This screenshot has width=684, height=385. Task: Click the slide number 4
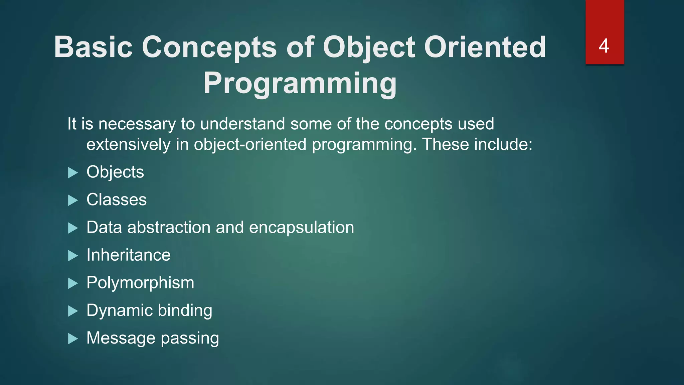pyautogui.click(x=604, y=46)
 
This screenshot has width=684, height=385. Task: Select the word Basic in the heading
pyautogui.click(x=93, y=47)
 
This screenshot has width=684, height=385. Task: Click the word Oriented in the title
pyautogui.click(x=485, y=47)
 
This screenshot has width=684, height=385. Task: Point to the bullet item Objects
pyautogui.click(x=115, y=172)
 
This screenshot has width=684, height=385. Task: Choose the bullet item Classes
pyautogui.click(x=117, y=200)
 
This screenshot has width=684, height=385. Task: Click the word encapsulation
pyautogui.click(x=301, y=228)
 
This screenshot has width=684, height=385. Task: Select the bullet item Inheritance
pyautogui.click(x=129, y=255)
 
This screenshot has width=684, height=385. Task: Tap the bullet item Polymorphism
pyautogui.click(x=140, y=283)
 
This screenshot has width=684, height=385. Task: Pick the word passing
pyautogui.click(x=190, y=339)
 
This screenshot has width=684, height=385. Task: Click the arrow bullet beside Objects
pyautogui.click(x=73, y=173)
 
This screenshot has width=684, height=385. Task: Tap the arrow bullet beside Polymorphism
pyautogui.click(x=73, y=283)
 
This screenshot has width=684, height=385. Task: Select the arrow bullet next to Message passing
pyautogui.click(x=73, y=339)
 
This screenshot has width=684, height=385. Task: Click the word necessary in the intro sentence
pyautogui.click(x=137, y=124)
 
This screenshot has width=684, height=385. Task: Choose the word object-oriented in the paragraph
pyautogui.click(x=250, y=145)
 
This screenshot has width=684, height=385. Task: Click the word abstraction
pyautogui.click(x=169, y=228)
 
